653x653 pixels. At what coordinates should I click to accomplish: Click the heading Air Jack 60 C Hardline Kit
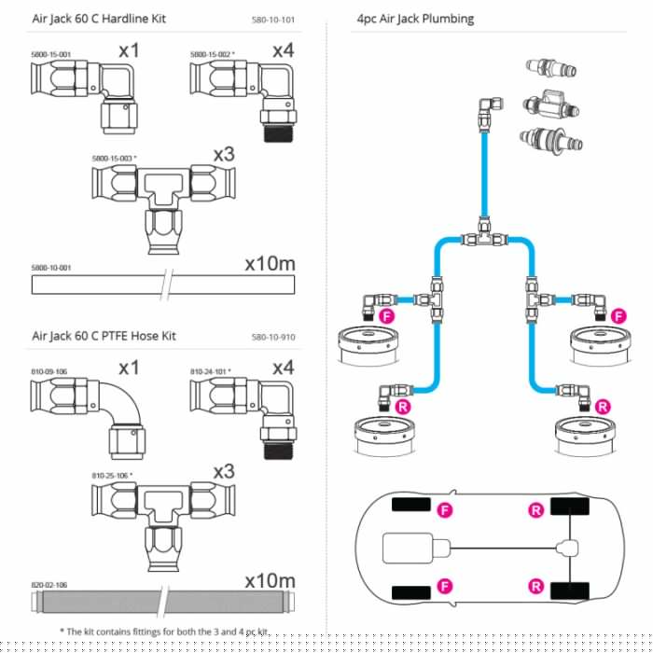coord(99,19)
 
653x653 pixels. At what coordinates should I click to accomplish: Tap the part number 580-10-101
coord(273,20)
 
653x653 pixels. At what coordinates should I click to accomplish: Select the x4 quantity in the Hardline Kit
coord(284,50)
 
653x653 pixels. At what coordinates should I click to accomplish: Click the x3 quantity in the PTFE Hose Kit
coord(224,472)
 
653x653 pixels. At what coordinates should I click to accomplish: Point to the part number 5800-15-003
coord(114,159)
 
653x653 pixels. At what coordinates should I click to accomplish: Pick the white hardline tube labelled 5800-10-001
coord(163,285)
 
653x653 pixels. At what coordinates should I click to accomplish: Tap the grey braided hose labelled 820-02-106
coord(163,602)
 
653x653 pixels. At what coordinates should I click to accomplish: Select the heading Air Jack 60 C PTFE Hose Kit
coord(104,336)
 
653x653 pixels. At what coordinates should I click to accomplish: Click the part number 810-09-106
coord(49,371)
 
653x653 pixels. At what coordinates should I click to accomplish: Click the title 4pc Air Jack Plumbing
coord(415,19)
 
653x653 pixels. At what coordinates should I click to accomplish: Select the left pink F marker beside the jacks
coord(387,316)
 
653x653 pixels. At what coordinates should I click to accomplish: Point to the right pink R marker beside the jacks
coord(603,407)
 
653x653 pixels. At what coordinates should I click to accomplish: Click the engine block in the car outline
coord(416,549)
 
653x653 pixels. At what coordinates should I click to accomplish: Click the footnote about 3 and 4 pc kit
coord(163,632)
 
